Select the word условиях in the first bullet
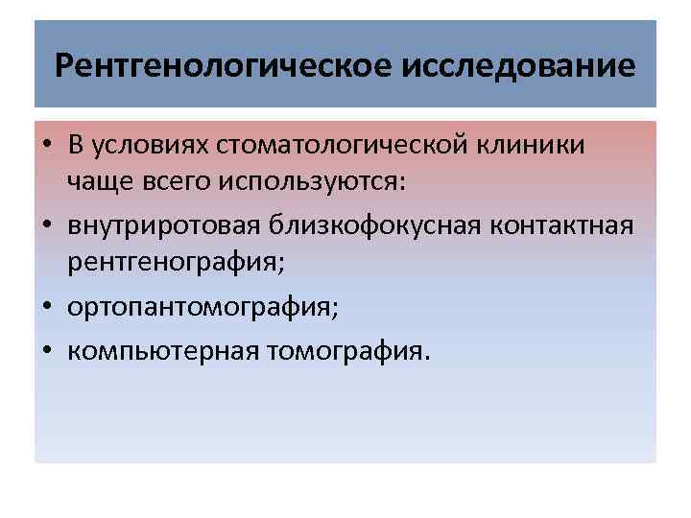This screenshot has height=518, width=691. [x=151, y=146]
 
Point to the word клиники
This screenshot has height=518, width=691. [x=545, y=146]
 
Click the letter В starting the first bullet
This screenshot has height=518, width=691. [x=76, y=146]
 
